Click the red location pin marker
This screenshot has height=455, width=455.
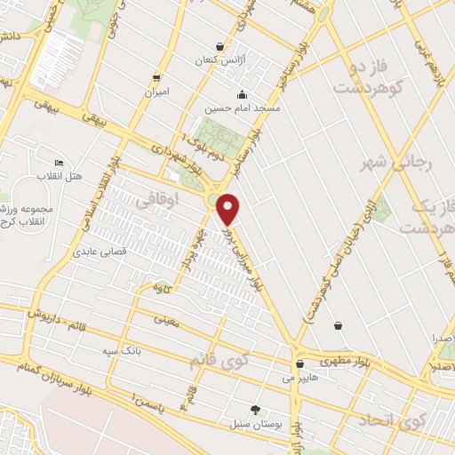tap(228, 210)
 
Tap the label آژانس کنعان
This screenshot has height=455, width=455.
tap(220, 60)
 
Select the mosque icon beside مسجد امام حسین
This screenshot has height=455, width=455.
tap(242, 95)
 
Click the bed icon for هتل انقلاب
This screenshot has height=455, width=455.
tap(59, 163)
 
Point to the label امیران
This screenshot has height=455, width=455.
tap(157, 92)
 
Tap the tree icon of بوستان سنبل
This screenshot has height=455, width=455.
tap(256, 410)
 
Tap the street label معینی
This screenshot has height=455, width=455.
tap(166, 318)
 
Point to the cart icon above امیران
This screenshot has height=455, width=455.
tap(157, 76)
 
